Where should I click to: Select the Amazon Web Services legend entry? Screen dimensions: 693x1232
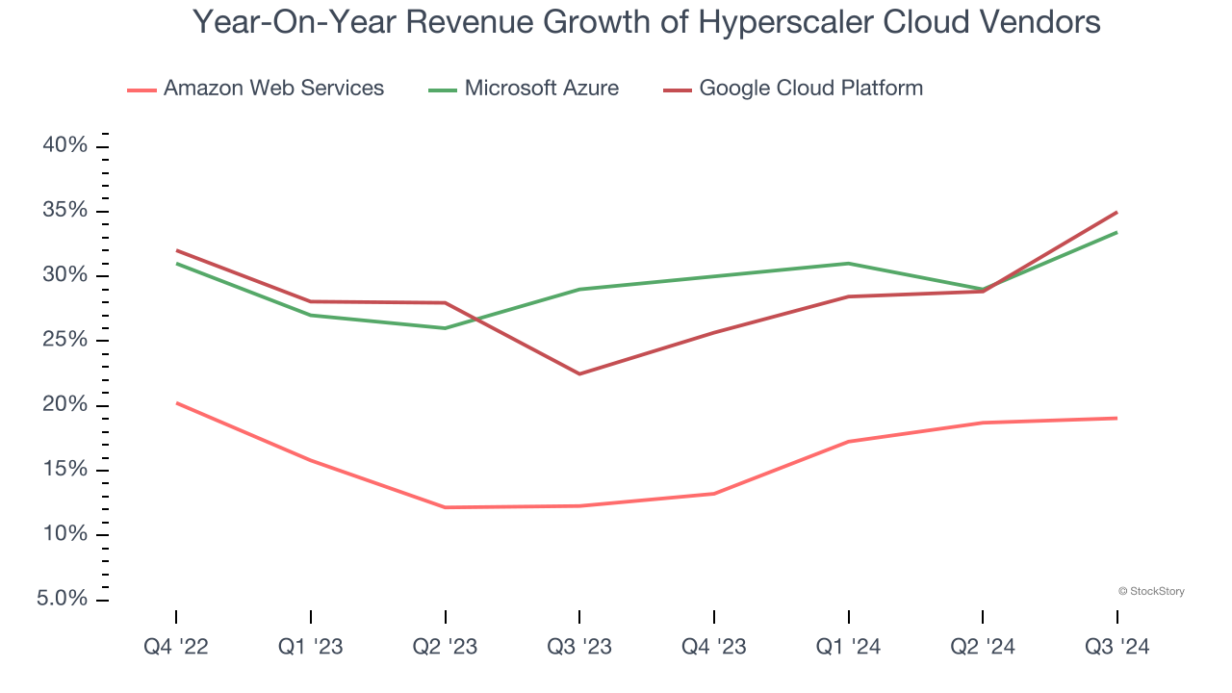(x=256, y=89)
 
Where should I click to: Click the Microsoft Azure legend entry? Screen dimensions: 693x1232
(x=525, y=89)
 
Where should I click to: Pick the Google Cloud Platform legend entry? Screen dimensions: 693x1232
(x=793, y=89)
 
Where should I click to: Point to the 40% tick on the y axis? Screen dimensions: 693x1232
(x=65, y=146)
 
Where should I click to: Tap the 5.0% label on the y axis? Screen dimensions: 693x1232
(x=63, y=600)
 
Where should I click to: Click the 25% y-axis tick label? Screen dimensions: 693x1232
(x=65, y=341)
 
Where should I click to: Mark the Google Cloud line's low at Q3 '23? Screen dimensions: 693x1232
(x=579, y=373)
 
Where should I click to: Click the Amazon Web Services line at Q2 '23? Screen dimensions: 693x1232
(x=445, y=507)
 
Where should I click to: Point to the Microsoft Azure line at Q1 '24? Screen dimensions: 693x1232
(x=848, y=264)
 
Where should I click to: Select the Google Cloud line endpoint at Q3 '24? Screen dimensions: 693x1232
(x=1116, y=212)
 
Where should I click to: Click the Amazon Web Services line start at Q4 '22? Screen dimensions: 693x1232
(x=176, y=403)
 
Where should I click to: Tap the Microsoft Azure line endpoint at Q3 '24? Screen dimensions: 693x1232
(x=1116, y=232)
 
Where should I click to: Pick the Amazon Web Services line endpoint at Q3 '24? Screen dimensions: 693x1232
(x=1116, y=418)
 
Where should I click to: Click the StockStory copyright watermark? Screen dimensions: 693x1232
(x=1151, y=591)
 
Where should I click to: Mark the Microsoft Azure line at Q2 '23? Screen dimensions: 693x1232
(x=445, y=328)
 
